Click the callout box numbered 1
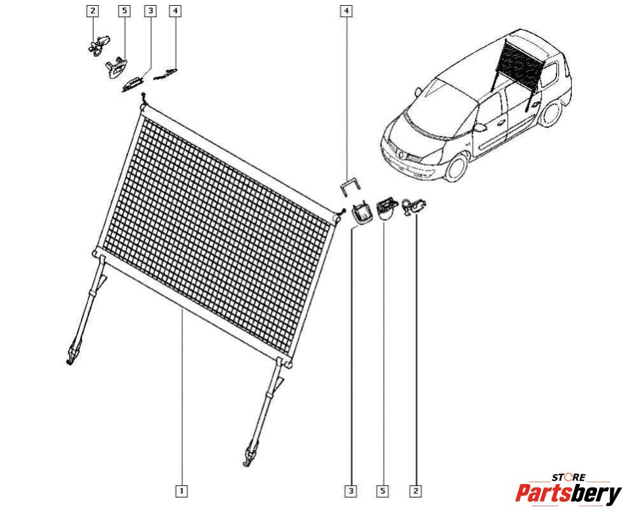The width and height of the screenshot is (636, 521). pyautogui.click(x=182, y=492)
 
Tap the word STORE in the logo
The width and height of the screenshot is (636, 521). pyautogui.click(x=568, y=478)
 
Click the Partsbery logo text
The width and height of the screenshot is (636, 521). pyautogui.click(x=568, y=494)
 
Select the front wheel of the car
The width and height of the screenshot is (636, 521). pyautogui.click(x=456, y=167)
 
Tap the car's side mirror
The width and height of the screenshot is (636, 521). pyautogui.click(x=480, y=128)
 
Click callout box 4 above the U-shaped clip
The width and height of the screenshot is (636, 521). pyautogui.click(x=346, y=11)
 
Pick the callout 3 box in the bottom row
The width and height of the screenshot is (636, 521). pyautogui.click(x=351, y=492)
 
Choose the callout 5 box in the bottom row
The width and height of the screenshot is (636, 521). pyautogui.click(x=382, y=492)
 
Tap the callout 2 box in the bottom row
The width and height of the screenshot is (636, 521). pyautogui.click(x=416, y=492)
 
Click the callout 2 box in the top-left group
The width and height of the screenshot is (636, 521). pyautogui.click(x=93, y=11)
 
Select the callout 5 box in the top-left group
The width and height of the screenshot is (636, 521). pyautogui.click(x=124, y=11)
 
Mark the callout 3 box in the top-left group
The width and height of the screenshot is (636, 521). pyautogui.click(x=150, y=11)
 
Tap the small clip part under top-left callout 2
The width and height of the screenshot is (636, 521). pyautogui.click(x=98, y=45)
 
